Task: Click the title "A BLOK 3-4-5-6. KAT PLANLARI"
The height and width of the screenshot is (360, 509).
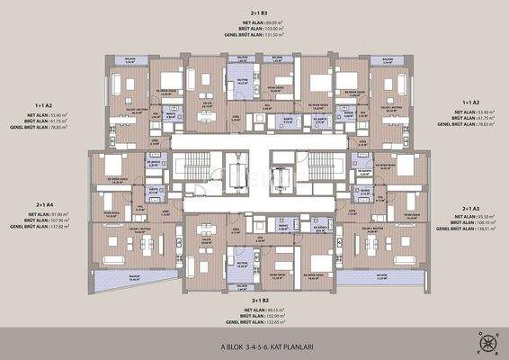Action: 254,346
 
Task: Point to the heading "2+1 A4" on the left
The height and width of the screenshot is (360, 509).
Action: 41,204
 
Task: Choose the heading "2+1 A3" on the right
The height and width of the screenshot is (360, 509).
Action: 473,209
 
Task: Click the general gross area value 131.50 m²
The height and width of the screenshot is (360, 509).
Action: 274,35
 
